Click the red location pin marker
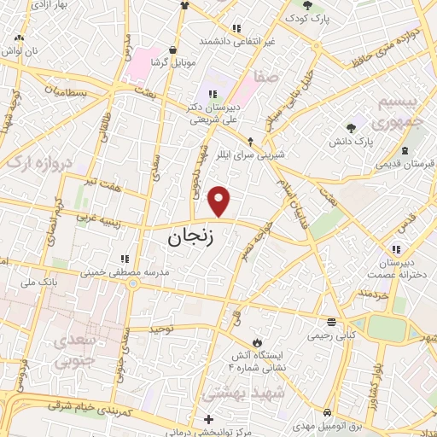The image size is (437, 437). click(220, 201)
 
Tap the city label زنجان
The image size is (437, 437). click(200, 237)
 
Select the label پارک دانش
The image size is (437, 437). click(376, 139)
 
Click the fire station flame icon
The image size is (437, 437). click(248, 343)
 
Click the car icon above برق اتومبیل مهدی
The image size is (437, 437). click(328, 412)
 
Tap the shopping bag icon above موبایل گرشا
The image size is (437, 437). click(173, 50)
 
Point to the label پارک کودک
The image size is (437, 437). click(309, 17)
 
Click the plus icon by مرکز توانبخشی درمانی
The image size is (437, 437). click(209, 419)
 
